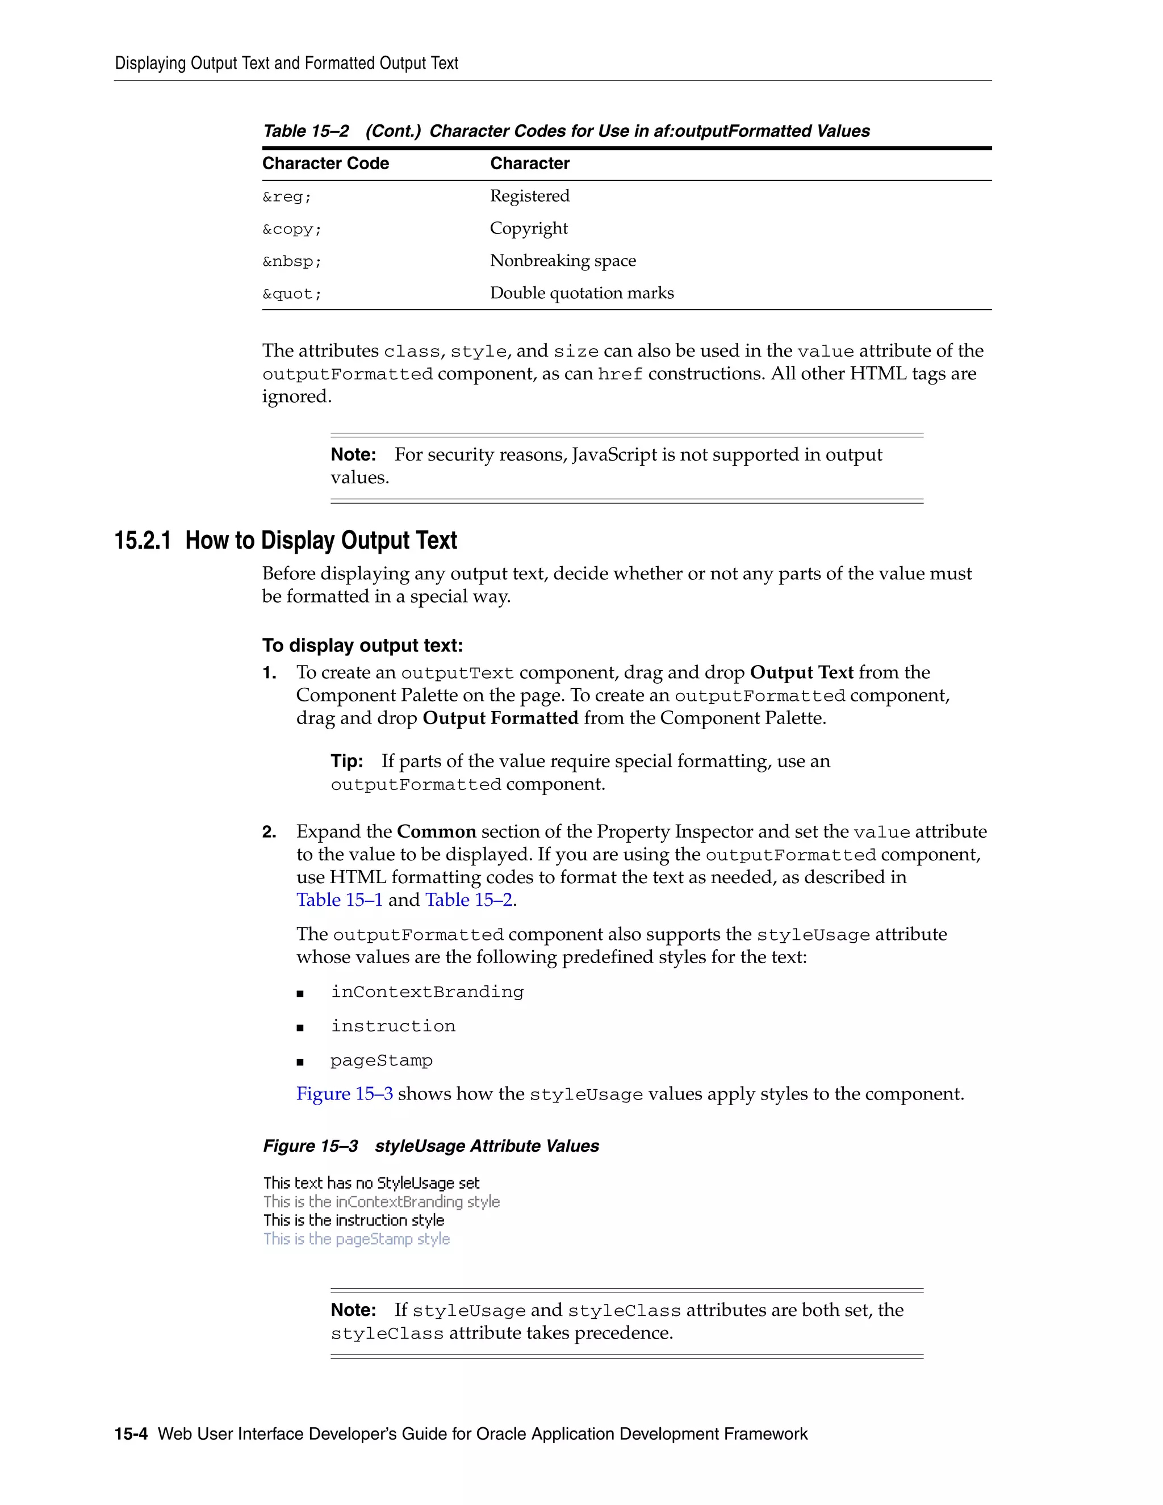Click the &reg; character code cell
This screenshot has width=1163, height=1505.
[x=287, y=197]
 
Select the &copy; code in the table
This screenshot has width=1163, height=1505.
[x=291, y=229]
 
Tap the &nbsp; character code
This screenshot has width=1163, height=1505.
[x=291, y=262]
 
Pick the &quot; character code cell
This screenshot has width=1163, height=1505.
[x=291, y=294]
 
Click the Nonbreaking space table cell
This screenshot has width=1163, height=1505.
[x=562, y=261]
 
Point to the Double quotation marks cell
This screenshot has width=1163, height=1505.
[x=581, y=293]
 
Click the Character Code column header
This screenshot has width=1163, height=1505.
[x=325, y=164]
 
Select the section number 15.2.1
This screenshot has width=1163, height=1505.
[x=142, y=541]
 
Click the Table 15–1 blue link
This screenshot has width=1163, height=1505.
[x=339, y=900]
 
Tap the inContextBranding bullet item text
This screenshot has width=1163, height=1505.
[x=426, y=992]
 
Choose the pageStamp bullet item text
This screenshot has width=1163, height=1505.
[x=381, y=1061]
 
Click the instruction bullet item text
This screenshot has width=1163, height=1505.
[x=393, y=1027]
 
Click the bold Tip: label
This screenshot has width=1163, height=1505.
[x=346, y=762]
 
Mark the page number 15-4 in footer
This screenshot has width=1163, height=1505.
[x=131, y=1434]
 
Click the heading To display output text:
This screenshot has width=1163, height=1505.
[x=362, y=646]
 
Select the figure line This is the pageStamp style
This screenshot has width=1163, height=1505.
[x=356, y=1239]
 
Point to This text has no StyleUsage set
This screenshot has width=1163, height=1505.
[x=371, y=1183]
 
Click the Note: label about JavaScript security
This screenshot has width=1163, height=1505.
[x=353, y=455]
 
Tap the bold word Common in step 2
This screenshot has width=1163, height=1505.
[x=436, y=832]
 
